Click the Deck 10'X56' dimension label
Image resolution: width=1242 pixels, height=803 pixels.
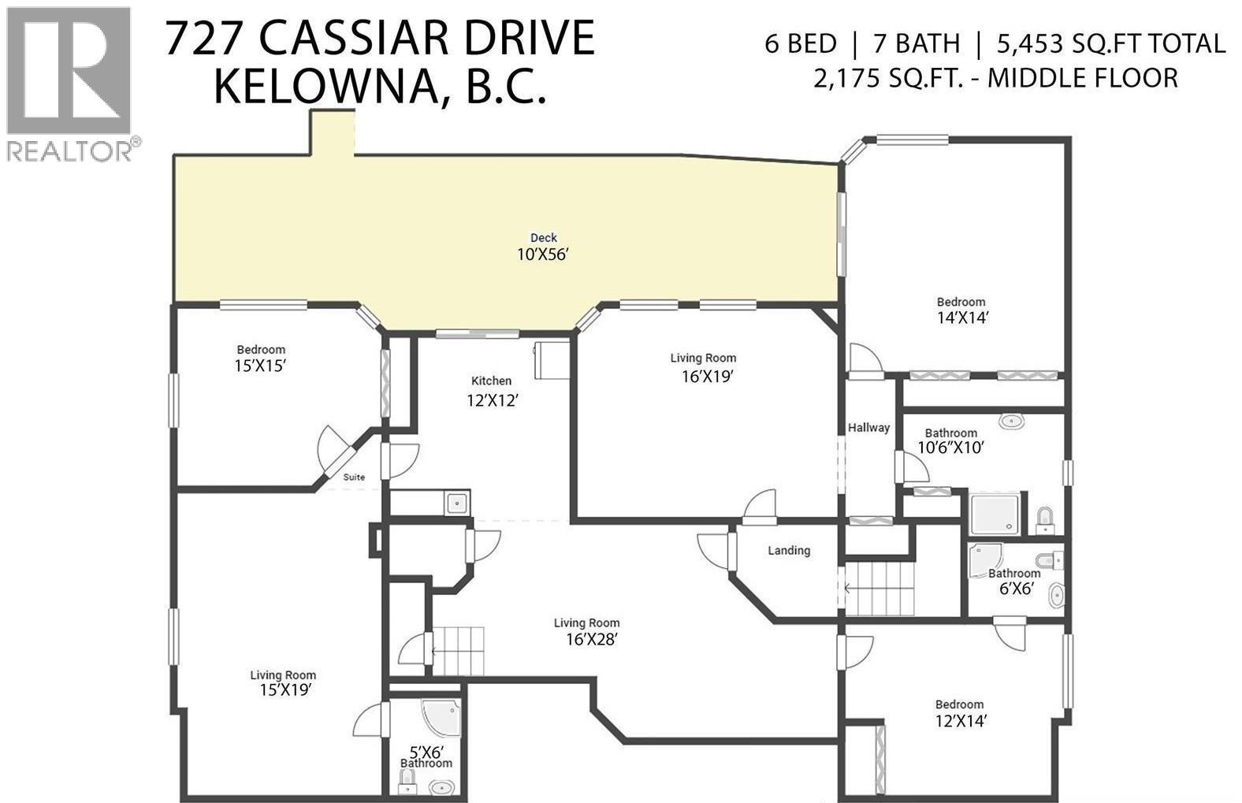(542, 255)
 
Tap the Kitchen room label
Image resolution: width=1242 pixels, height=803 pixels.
(491, 381)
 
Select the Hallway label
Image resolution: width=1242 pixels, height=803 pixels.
(868, 427)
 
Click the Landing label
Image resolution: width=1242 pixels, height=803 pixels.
(789, 551)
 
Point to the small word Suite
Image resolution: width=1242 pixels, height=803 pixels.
(354, 477)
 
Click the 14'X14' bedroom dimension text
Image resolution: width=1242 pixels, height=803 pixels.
(961, 318)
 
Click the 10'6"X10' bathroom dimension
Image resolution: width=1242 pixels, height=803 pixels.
(951, 448)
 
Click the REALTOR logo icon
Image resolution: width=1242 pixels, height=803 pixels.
(68, 71)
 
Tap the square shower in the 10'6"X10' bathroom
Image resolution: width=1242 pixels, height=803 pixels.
(998, 514)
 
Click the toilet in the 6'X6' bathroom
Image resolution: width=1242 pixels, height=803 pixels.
(1050, 561)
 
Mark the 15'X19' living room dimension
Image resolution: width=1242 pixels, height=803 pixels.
(283, 690)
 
